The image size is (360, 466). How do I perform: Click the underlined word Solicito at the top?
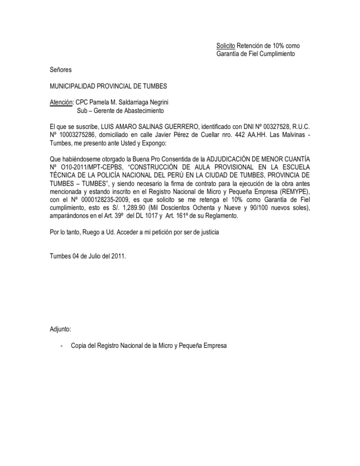point(225,46)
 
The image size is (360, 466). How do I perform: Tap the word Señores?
point(61,70)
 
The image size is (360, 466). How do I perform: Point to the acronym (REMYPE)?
point(290,192)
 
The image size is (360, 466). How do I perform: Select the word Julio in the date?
point(94,256)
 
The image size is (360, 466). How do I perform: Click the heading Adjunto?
point(60,329)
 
